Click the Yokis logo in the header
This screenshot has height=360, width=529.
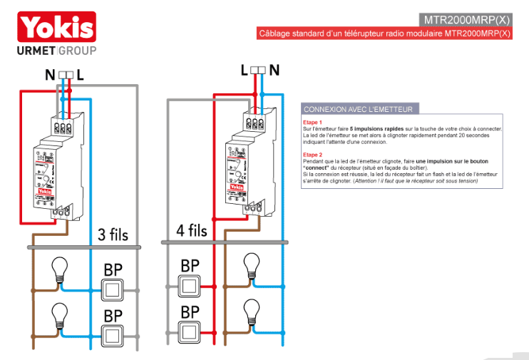(x=56, y=27)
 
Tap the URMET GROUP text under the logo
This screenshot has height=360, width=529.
(x=56, y=51)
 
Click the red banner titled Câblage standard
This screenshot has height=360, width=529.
(x=384, y=33)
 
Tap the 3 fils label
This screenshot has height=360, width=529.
(x=113, y=234)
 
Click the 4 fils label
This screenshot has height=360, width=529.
(x=192, y=231)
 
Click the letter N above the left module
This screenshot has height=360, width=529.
(x=50, y=74)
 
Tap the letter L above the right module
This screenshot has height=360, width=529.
(x=245, y=71)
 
